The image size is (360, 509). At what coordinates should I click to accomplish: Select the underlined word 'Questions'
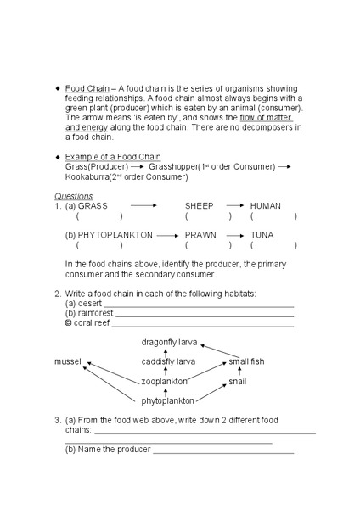[74, 196]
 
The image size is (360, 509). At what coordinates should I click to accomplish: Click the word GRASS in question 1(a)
[93, 206]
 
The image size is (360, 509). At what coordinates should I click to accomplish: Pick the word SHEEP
[200, 206]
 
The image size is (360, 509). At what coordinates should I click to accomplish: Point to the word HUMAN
[266, 206]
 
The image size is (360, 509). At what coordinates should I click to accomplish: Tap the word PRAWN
[200, 234]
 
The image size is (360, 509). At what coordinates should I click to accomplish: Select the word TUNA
[262, 234]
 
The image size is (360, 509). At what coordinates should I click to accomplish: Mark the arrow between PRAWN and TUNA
[236, 234]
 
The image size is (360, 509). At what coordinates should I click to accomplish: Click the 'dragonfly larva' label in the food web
[169, 342]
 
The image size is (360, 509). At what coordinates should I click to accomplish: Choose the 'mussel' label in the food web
[68, 361]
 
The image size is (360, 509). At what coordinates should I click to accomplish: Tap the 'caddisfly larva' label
[168, 361]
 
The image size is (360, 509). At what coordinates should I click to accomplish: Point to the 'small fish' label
[246, 361]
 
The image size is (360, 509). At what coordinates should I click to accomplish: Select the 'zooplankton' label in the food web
[164, 382]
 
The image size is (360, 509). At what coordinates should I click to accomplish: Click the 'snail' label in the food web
[238, 382]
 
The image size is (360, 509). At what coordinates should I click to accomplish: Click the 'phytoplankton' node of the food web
[167, 400]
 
